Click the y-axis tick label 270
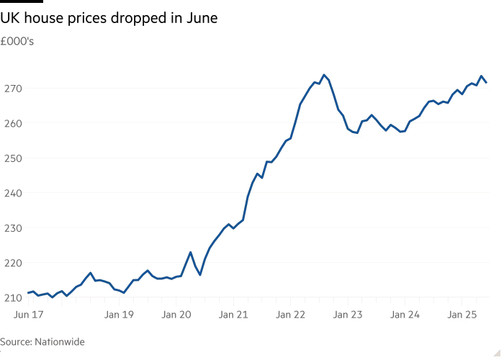click(13, 89)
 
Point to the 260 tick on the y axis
click(13, 123)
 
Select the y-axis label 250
click(13, 158)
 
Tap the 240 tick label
click(13, 193)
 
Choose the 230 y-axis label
click(13, 228)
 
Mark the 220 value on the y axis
click(13, 263)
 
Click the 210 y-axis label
click(13, 297)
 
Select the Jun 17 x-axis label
click(30, 315)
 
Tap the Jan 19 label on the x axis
click(119, 315)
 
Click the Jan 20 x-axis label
click(176, 315)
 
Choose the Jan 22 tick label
click(291, 315)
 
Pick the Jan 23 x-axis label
click(348, 315)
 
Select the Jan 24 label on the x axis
click(405, 315)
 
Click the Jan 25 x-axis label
click(462, 315)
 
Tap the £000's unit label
click(17, 42)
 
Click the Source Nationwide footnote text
click(42, 342)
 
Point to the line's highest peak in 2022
click(324, 75)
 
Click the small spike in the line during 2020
click(190, 253)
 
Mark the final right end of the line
click(486, 82)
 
